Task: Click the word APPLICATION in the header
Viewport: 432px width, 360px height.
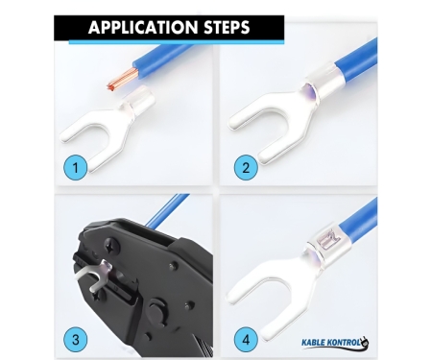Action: point(143,27)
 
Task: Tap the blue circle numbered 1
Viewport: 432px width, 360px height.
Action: point(76,167)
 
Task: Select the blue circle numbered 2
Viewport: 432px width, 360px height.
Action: point(246,167)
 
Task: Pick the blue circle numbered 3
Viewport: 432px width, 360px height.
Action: point(76,339)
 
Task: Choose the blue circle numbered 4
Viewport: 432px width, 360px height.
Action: point(246,339)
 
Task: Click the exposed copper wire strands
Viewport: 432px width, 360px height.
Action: point(120,79)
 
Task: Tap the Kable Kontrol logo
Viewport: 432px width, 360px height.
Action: point(335,343)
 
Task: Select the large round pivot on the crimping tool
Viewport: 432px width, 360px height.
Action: point(158,311)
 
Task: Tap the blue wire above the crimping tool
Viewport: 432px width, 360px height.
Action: point(166,210)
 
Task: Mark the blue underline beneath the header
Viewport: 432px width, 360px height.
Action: point(177,42)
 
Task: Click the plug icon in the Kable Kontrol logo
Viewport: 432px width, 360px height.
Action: point(365,342)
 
